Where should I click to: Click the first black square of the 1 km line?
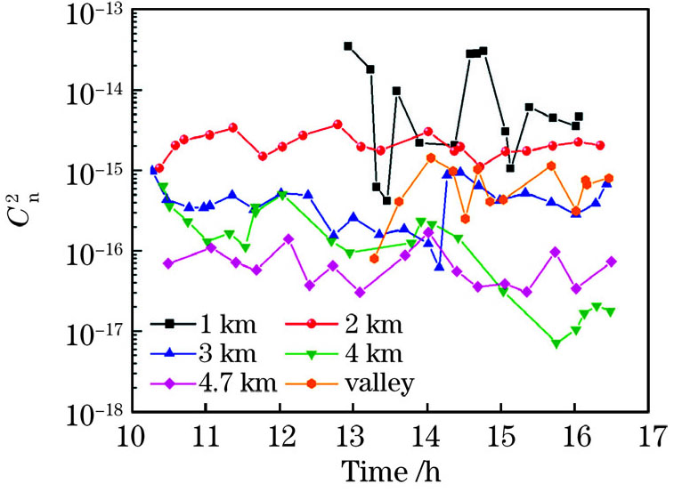click(x=348, y=45)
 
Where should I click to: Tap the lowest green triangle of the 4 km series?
click(x=556, y=343)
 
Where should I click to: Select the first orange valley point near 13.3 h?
click(x=374, y=259)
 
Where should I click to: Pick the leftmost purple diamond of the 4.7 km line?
click(x=168, y=263)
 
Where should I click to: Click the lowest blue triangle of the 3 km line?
click(x=439, y=266)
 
